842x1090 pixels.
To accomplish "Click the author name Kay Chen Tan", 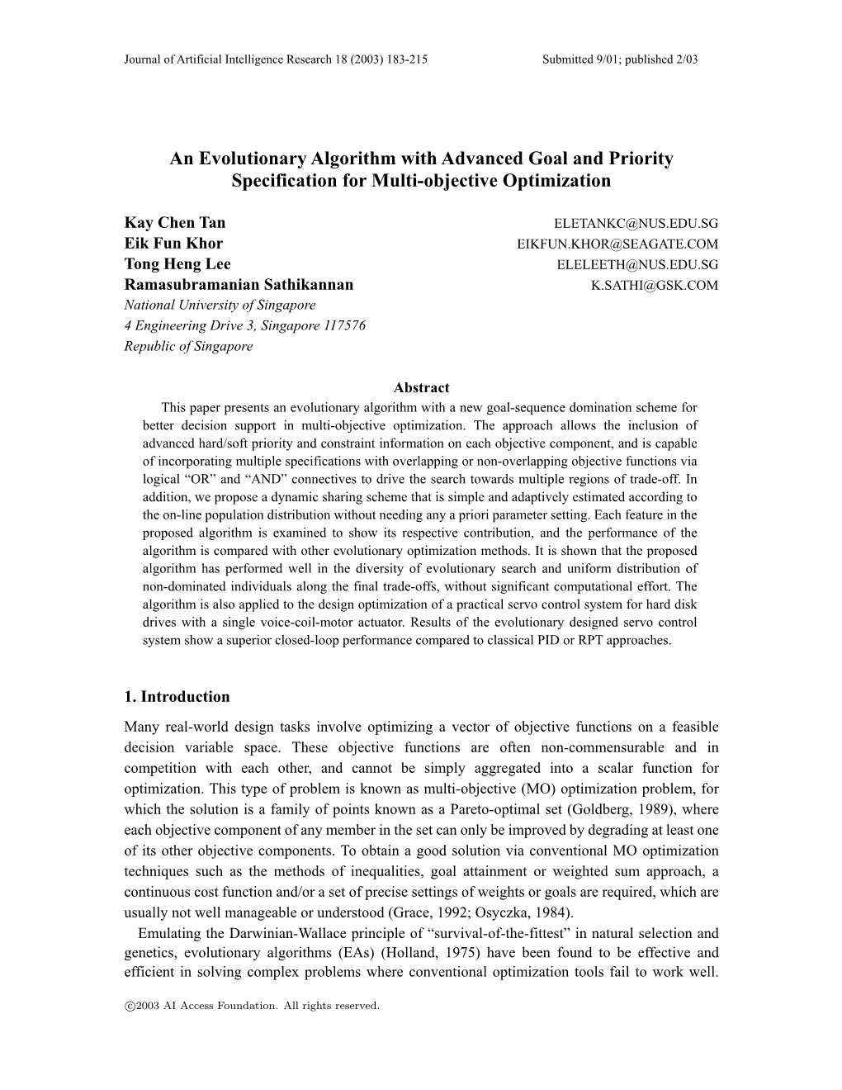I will [x=174, y=222].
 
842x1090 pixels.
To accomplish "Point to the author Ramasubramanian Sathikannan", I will [x=239, y=285].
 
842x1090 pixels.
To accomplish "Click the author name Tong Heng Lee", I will [x=177, y=264].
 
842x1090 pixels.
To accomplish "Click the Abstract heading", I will [x=422, y=387].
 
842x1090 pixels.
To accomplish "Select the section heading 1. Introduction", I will [x=177, y=696].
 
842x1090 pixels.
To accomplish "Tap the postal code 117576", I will [x=343, y=325].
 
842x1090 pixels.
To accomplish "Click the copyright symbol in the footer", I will [x=129, y=1006].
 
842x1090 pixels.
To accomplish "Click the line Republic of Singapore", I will [x=188, y=346].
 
